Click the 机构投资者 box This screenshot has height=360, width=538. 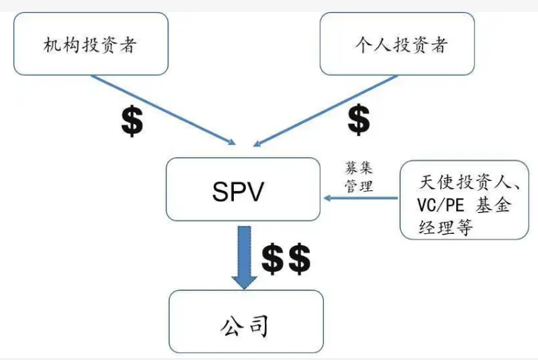90,44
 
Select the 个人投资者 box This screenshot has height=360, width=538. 397,44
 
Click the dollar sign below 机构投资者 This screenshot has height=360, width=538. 132,122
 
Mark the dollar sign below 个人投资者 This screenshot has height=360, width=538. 358,120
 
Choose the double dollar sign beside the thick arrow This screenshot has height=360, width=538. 286,259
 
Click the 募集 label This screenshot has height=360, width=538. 358,169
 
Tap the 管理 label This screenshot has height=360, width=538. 358,186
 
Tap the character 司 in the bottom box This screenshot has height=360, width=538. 261,326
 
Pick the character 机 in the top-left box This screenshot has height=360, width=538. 51,46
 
